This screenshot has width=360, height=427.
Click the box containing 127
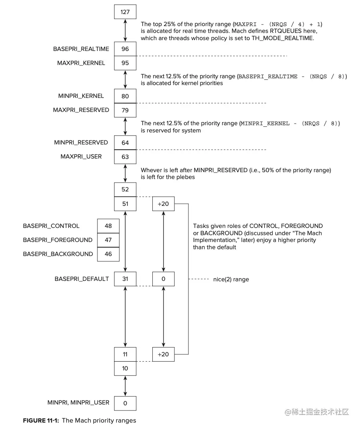point(125,12)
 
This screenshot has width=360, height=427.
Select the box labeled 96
point(125,49)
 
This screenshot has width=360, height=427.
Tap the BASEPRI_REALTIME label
point(81,49)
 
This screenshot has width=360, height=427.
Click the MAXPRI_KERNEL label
point(81,63)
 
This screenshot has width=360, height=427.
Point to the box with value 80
point(125,96)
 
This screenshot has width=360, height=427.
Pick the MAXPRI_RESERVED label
point(81,110)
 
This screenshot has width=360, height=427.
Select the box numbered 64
point(125,142)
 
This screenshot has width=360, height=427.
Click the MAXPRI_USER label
point(81,157)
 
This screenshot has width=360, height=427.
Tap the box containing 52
point(125,189)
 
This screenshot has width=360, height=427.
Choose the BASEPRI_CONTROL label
point(51,226)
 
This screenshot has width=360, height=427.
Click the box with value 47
point(108,240)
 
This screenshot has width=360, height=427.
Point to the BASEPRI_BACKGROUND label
point(58,254)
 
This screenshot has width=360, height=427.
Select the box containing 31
point(125,279)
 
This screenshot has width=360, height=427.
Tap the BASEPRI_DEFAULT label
point(82,279)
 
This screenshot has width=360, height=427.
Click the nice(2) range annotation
point(231,279)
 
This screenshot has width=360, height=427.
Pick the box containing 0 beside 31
point(163,279)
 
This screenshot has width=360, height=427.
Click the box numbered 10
point(125,368)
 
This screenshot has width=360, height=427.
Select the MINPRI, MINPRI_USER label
point(78,403)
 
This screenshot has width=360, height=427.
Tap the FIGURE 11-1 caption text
point(79,421)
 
